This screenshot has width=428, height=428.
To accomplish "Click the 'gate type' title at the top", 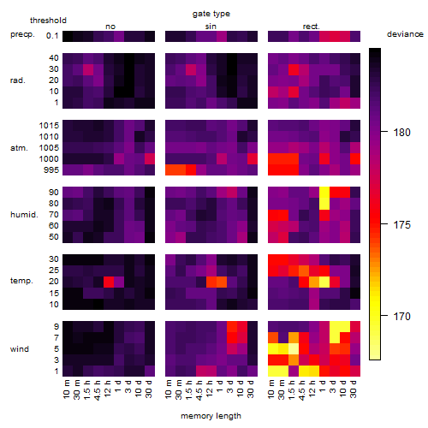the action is (211, 14).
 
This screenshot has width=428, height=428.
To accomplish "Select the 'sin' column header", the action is (211, 27).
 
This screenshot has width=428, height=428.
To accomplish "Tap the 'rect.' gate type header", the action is (312, 27).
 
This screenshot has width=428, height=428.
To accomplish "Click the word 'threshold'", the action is (48, 21).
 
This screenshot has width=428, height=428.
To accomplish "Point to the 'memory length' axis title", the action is (211, 416).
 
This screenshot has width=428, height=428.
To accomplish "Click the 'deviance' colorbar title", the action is (405, 34).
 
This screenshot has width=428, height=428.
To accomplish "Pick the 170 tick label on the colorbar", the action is (401, 316).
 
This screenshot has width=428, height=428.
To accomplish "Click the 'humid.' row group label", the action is (24, 215).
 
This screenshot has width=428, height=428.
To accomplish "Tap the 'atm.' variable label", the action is (19, 148).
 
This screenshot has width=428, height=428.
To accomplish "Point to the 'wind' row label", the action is (20, 349).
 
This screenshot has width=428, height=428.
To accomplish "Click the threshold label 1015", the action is (49, 126).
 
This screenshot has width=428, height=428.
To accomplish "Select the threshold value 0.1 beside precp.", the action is (52, 36).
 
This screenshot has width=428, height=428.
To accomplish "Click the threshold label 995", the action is (51, 170).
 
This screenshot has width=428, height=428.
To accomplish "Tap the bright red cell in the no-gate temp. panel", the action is (109, 282).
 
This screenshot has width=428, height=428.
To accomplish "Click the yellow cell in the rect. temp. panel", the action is (324, 282).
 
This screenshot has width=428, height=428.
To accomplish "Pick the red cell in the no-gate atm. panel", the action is (150, 159).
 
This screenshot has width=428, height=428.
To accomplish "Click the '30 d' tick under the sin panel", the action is (251, 389).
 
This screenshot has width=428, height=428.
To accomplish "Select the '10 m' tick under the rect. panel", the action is (271, 389).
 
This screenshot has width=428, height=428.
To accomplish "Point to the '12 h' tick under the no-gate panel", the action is (107, 389).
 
